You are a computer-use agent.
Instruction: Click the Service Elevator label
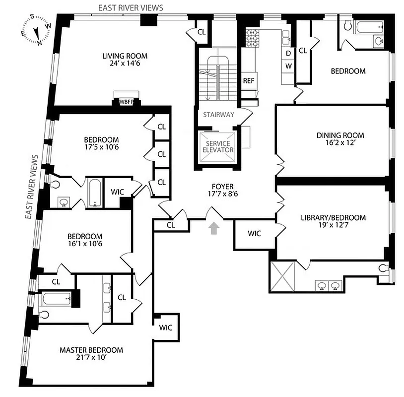click(x=216, y=147)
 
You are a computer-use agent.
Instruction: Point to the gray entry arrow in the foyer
click(x=214, y=228)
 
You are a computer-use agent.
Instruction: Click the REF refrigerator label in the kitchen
click(x=248, y=81)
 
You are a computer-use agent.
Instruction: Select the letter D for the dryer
click(x=288, y=54)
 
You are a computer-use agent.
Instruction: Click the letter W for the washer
click(x=288, y=66)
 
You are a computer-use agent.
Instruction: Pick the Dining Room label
click(x=340, y=135)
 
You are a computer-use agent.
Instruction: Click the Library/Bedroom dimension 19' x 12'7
click(x=333, y=226)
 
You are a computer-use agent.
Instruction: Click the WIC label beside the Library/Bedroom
click(x=254, y=233)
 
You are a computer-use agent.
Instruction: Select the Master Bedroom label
click(x=91, y=350)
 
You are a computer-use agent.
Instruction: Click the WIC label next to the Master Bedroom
click(x=165, y=328)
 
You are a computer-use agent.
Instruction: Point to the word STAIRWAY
click(x=218, y=115)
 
